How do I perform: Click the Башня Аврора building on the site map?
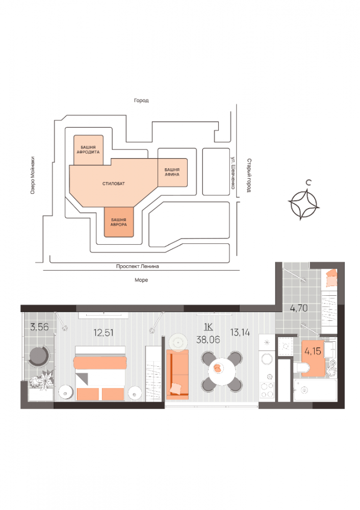pyautogui.click(x=119, y=222)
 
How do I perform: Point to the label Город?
pyautogui.click(x=141, y=101)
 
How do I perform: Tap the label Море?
pyautogui.click(x=141, y=280)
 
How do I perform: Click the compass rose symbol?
pyautogui.click(x=304, y=204)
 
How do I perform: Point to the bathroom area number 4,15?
pyautogui.click(x=313, y=351)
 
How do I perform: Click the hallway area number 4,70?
pyautogui.click(x=299, y=308)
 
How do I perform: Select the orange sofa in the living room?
pyautogui.click(x=177, y=373)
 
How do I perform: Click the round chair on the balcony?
pyautogui.click(x=38, y=356)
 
